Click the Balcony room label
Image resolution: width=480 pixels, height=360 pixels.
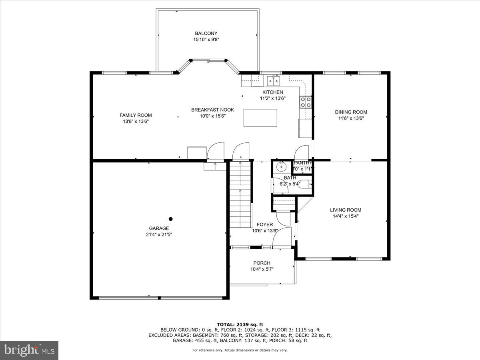click(x=206, y=34)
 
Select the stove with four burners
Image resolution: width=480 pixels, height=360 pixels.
click(x=306, y=102)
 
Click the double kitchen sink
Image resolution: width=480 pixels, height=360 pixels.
click(x=274, y=81)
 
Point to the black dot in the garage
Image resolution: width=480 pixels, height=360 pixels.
click(x=171, y=219)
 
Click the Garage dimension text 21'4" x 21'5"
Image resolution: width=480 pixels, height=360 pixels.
click(x=159, y=235)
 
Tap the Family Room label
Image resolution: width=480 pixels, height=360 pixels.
click(x=136, y=115)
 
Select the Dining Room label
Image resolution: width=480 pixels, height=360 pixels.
click(x=351, y=112)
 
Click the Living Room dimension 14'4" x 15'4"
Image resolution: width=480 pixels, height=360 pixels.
click(x=345, y=216)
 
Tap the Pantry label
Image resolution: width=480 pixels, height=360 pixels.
click(x=303, y=163)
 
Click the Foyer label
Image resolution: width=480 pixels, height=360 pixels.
click(x=265, y=225)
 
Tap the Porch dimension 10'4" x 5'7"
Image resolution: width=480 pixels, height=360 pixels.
click(x=262, y=269)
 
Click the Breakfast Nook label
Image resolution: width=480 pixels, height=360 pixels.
click(x=212, y=110)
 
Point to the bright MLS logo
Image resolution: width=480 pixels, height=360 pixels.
click(x=29, y=350)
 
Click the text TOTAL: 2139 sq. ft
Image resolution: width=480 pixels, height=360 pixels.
click(x=240, y=324)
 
